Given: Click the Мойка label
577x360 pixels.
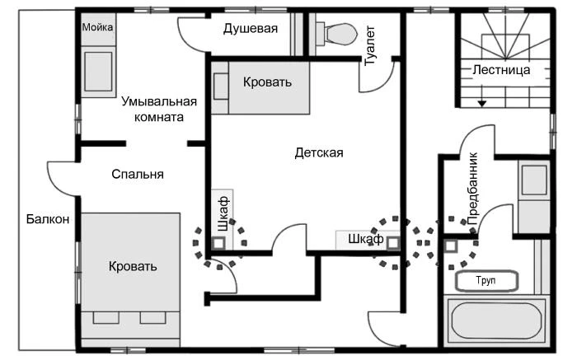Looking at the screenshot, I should (97, 27).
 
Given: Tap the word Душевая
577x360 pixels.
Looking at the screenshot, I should (251, 29).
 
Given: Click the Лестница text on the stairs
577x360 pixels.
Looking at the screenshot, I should (501, 70).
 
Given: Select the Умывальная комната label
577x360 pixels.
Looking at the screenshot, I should (159, 110).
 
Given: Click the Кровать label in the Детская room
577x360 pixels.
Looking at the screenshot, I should (267, 82).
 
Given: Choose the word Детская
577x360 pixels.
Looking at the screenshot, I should (318, 152).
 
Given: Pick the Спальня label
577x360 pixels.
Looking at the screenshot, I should (138, 175).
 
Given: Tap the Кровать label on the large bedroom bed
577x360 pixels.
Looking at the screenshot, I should (133, 267).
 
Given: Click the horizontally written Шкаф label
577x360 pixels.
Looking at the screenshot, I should (365, 239).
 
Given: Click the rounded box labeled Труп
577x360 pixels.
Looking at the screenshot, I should (486, 281).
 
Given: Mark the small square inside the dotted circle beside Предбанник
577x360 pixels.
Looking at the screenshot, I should (450, 245).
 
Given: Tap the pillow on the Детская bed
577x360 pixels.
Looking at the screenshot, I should (221, 86).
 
